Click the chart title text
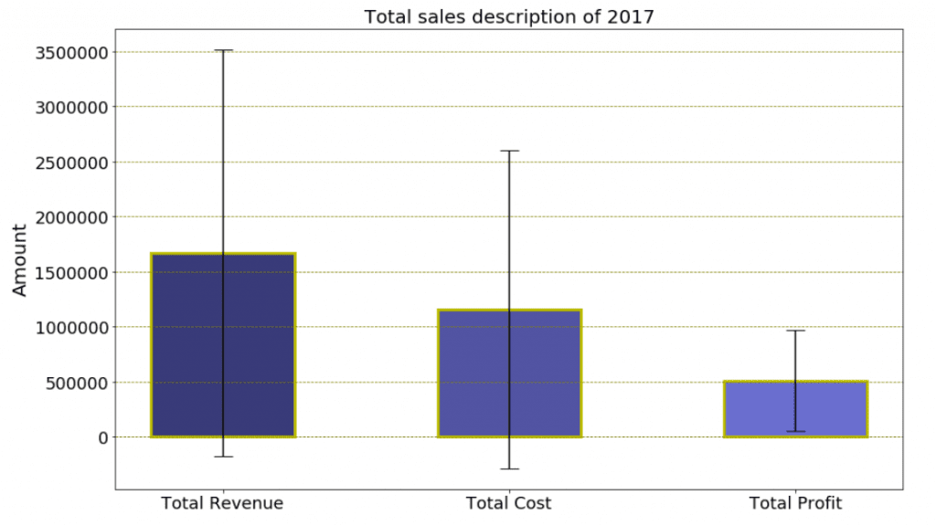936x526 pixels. coord(509,16)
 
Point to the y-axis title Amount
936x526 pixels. coord(20,259)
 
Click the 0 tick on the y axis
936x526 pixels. coord(103,437)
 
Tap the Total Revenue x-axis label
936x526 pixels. coord(222,503)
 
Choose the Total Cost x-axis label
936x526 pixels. coord(509,503)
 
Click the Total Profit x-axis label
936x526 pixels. coord(795,503)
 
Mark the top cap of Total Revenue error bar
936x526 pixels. coord(223,50)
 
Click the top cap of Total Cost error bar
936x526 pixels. coord(509,151)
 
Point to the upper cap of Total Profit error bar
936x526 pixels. coord(795,331)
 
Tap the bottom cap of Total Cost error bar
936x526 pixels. coord(509,468)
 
